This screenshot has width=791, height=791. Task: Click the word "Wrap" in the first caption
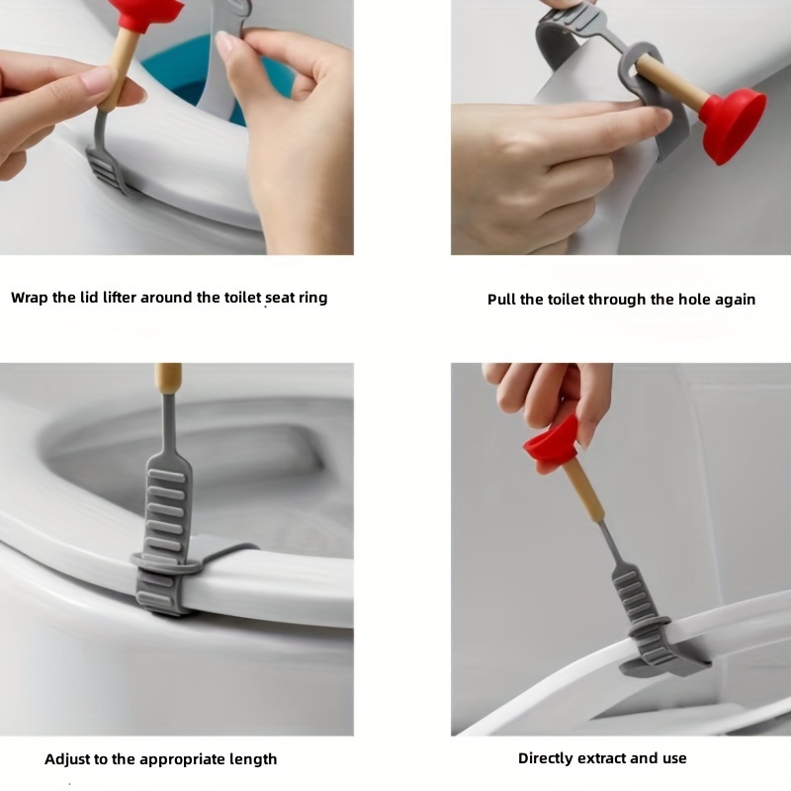coord(30,298)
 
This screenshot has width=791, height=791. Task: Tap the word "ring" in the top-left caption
coord(312,299)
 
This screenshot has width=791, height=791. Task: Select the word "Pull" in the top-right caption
coord(501,300)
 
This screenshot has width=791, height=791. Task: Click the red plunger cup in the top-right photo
coord(733,125)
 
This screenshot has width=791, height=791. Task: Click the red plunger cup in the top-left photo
coord(147,14)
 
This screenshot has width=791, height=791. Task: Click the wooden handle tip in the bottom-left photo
coord(168,380)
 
